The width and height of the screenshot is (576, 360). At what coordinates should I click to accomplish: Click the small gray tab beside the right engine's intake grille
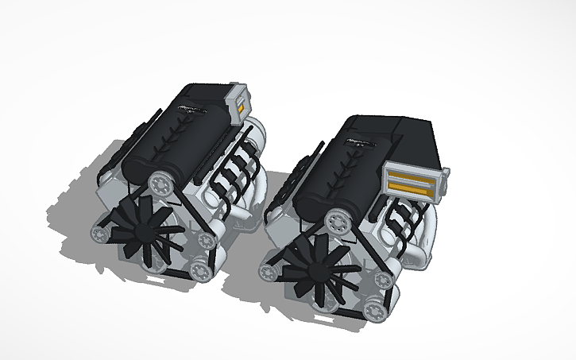446,171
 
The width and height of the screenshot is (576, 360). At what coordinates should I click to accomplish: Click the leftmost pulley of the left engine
99,234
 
